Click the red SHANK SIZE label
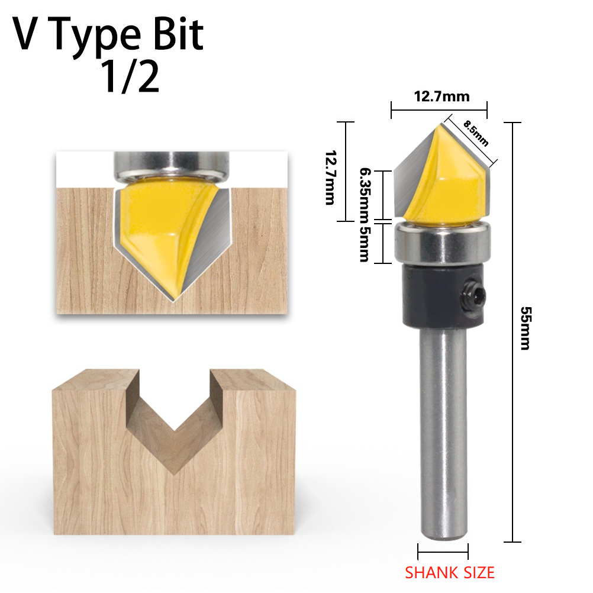click(x=450, y=573)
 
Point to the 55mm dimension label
click(x=526, y=328)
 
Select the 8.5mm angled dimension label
click(x=476, y=133)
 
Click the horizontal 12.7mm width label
click(x=441, y=96)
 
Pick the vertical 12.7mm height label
click(x=330, y=178)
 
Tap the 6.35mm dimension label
click(x=365, y=195)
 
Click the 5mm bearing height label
click(x=364, y=244)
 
